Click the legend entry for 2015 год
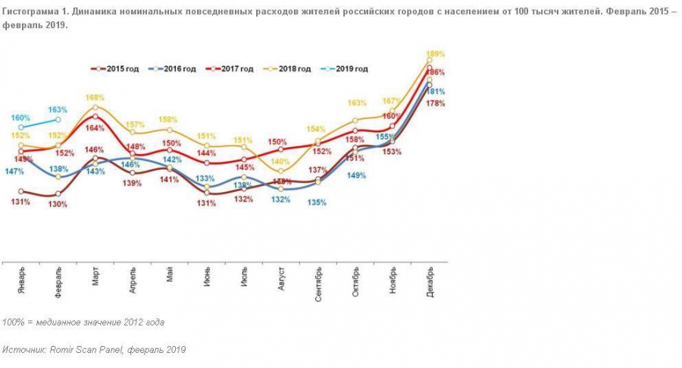click(115, 69)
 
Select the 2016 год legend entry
click(173, 69)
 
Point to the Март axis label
click(96, 277)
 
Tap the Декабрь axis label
click(430, 280)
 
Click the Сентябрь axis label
click(318, 282)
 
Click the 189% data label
click(435, 55)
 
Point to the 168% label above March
click(95, 98)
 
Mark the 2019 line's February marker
click(58, 120)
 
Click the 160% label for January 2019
click(20, 118)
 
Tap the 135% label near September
click(317, 203)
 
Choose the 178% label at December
click(435, 103)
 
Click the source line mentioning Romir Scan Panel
click(93, 350)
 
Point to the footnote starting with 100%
click(83, 322)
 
